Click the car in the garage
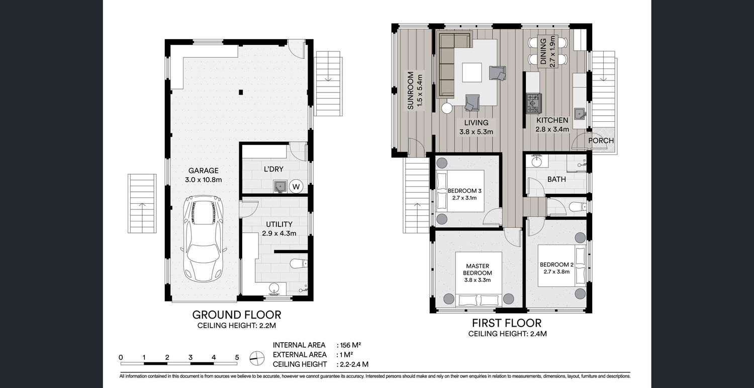tap(203, 239)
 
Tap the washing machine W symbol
tap(296, 186)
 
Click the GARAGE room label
tap(203, 171)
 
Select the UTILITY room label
tap(279, 224)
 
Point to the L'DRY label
tap(273, 169)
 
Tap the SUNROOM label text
tap(410, 91)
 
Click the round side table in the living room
tap(447, 108)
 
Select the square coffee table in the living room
tap(472, 72)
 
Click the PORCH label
tap(601, 140)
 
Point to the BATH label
tap(556, 179)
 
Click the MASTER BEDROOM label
tap(478, 269)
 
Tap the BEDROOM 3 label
tap(464, 191)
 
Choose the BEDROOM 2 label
tap(557, 265)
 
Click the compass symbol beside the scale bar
tap(257, 358)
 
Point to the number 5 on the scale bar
tap(237, 357)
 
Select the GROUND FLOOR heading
tap(237, 315)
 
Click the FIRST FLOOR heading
tap(507, 323)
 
